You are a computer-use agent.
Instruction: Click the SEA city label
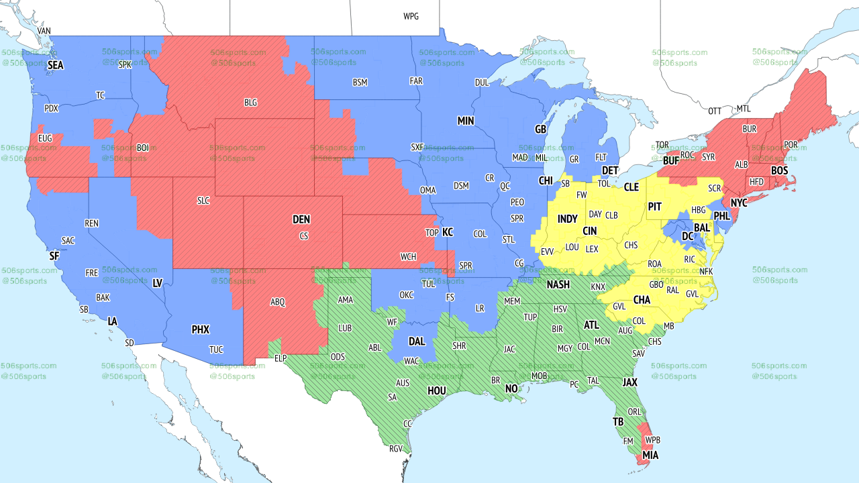tap(56, 65)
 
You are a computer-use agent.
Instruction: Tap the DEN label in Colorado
tap(301, 219)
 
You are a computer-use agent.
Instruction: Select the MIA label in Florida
tap(650, 455)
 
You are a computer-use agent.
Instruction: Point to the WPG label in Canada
tap(411, 16)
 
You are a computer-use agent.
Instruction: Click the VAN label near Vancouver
tap(44, 31)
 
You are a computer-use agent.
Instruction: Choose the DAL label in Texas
tap(416, 341)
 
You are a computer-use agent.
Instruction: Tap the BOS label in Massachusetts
tap(779, 171)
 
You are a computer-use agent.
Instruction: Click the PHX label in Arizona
tap(200, 329)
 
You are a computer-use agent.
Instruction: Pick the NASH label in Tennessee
tap(558, 284)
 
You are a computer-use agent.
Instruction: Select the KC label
tap(448, 232)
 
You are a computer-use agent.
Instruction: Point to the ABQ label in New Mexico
tap(278, 302)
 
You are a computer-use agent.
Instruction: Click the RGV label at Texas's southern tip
tap(396, 449)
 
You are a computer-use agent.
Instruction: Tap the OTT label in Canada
tap(715, 110)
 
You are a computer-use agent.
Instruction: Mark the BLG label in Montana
tap(250, 103)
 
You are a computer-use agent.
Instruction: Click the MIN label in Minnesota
tap(466, 121)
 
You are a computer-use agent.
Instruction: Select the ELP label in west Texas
tap(281, 358)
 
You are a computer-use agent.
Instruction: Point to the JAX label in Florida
tap(629, 382)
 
